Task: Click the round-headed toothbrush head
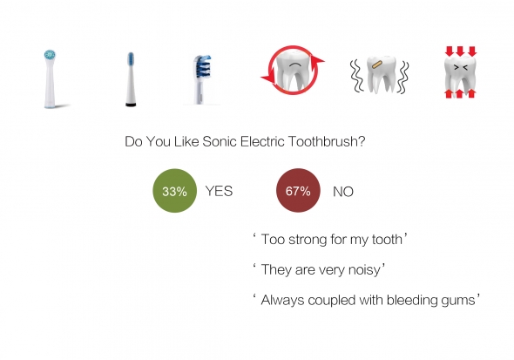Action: [50, 78]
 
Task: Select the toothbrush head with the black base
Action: [131, 79]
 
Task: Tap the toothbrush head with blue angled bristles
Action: [200, 79]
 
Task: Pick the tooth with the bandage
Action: [381, 74]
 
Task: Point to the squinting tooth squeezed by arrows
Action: [460, 73]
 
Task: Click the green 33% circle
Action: [175, 191]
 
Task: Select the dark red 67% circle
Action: [298, 191]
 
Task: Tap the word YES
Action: [219, 191]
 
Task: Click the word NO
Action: [343, 192]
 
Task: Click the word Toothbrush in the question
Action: [327, 141]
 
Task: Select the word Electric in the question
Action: [262, 141]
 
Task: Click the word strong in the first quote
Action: [308, 240]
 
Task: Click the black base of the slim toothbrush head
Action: [131, 105]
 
